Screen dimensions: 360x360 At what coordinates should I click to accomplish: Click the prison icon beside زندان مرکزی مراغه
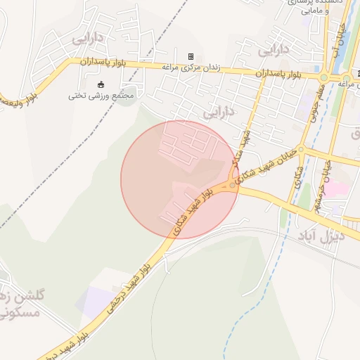pos(190,56)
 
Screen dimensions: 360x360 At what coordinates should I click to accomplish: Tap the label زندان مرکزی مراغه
pos(191,68)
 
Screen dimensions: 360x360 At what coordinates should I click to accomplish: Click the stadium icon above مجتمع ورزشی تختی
pos(100,84)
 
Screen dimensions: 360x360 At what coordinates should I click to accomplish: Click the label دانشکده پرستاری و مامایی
pos(316,7)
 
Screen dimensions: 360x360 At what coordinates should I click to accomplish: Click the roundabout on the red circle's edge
pos(233,185)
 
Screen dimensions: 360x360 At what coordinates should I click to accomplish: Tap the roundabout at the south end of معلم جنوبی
pos(301,148)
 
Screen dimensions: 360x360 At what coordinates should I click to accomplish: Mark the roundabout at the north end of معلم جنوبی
pos(323,77)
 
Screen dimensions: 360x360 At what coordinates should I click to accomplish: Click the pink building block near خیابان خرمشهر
pos(335,188)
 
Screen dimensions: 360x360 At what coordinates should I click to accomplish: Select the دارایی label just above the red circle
pos(218,112)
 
